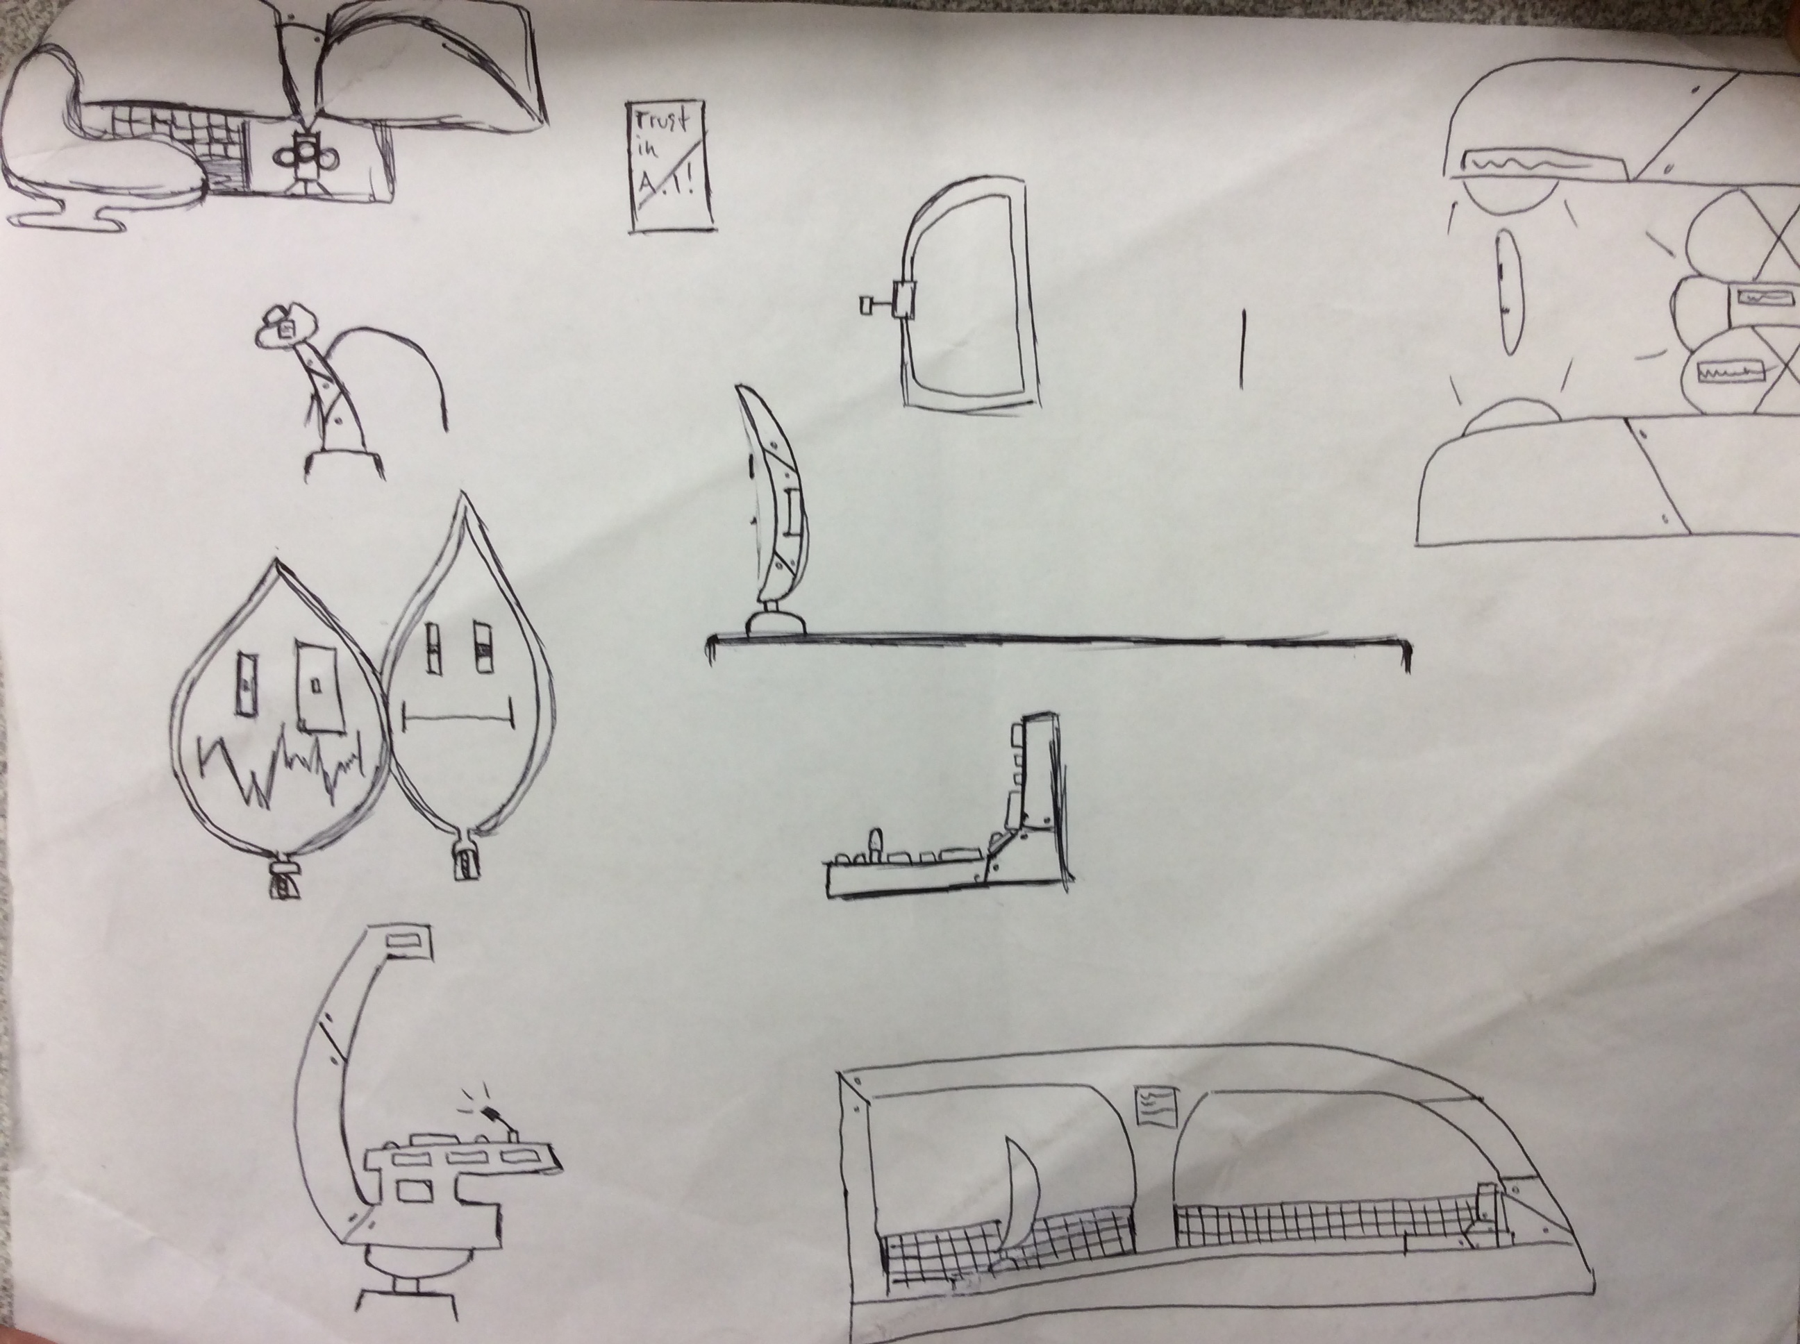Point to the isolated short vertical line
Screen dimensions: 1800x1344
click(x=1242, y=348)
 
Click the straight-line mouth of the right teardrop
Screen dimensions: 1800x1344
click(x=459, y=716)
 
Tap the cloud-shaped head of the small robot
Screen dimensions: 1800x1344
click(x=284, y=326)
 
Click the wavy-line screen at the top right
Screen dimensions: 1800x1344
click(x=1515, y=162)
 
